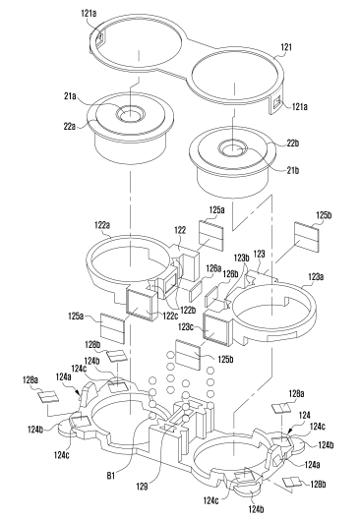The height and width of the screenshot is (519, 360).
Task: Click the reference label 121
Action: [286, 47]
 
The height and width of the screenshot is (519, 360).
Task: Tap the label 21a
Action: [70, 96]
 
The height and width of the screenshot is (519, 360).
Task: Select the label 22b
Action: [293, 143]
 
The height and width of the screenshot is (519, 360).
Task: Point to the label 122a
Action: [102, 225]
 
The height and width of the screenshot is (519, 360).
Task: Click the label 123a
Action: [316, 277]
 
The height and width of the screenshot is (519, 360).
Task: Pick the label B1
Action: [111, 476]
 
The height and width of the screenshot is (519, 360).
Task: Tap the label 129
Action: [142, 486]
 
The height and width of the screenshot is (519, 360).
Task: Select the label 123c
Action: [187, 327]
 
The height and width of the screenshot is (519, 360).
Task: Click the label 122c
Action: [170, 317]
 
